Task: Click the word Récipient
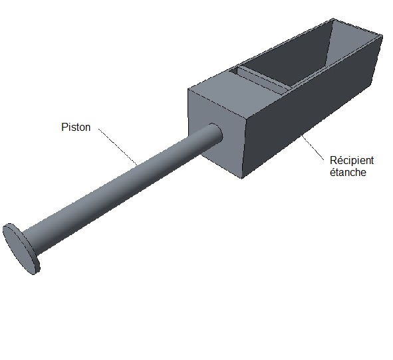[352, 161]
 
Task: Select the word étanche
[348, 173]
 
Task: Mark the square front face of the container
[217, 133]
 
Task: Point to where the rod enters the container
[215, 133]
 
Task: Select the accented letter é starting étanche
[333, 173]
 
